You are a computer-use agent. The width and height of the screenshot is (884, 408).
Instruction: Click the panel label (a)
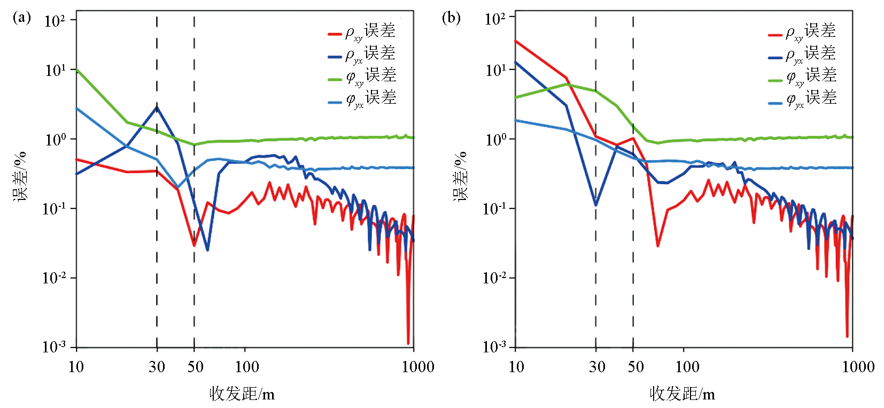21,18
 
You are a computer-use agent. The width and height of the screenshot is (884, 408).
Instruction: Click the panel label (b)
451,18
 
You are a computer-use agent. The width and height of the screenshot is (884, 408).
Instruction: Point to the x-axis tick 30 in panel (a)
157,367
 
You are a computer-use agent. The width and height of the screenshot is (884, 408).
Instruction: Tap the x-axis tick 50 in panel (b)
635,367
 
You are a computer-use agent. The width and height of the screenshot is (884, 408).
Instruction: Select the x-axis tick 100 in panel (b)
687,367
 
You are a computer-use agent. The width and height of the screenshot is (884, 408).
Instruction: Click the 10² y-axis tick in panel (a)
55,21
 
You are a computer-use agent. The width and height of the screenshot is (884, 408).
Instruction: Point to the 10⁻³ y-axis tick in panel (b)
494,347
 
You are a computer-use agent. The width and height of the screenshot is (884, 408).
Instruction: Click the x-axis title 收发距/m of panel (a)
242,394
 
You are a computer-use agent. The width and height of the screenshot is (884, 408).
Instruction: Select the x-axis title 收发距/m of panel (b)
682,394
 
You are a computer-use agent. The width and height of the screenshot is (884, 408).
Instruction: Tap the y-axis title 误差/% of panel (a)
20,176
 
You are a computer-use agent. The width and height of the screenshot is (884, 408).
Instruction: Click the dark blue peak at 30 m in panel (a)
157,107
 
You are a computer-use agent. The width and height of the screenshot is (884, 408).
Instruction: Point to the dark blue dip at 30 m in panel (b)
595,205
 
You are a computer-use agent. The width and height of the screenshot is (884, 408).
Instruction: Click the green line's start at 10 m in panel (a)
77,70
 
